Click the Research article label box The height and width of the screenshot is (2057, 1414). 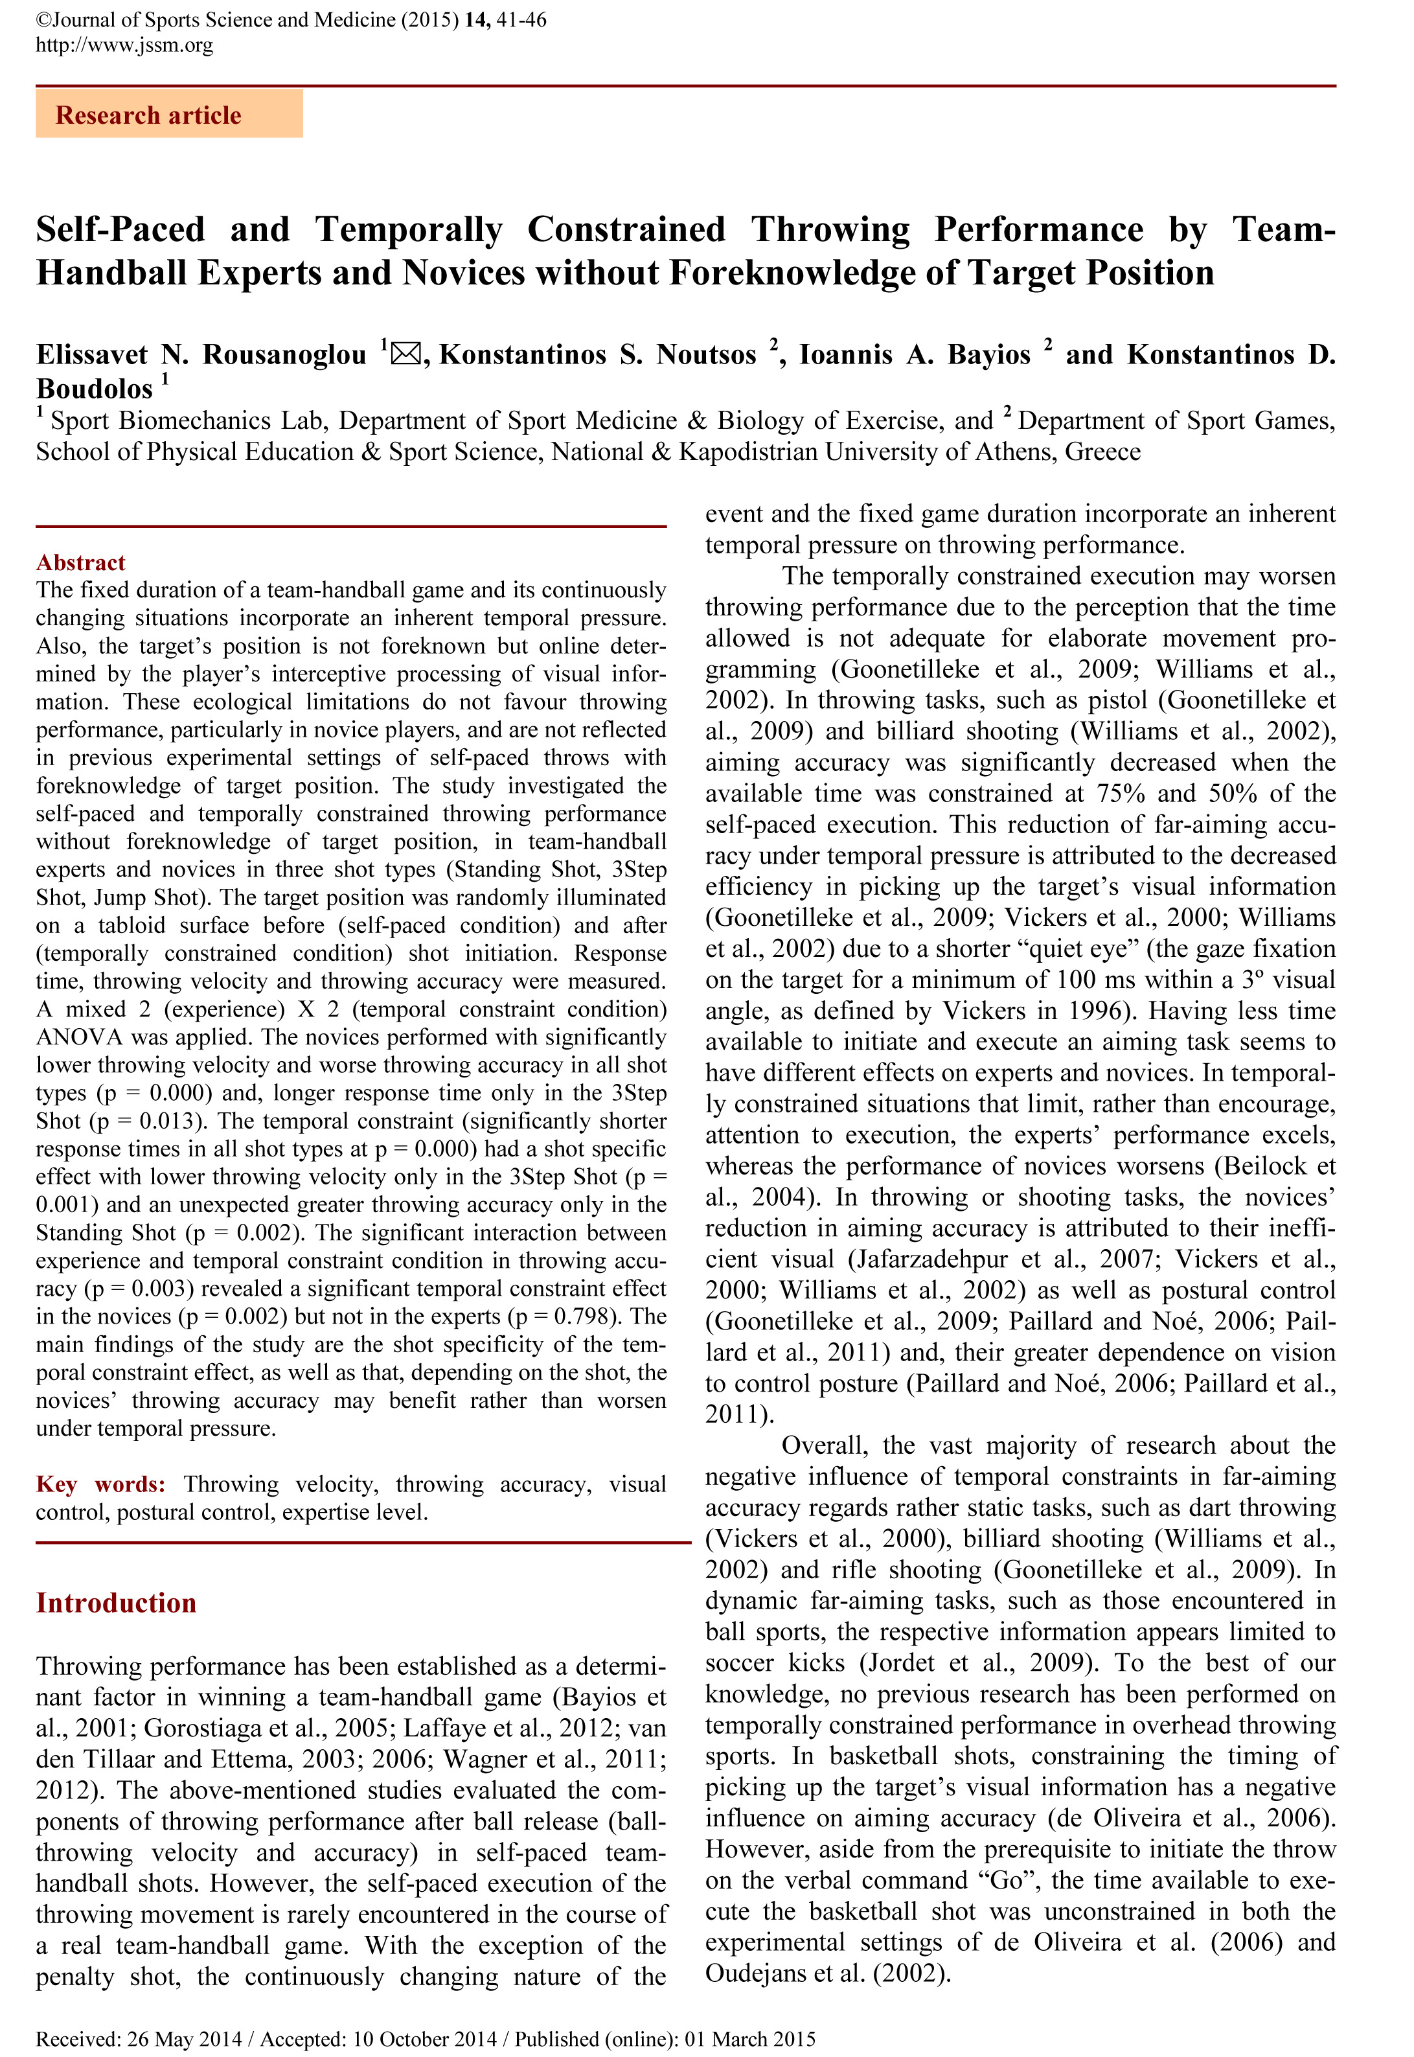coord(168,114)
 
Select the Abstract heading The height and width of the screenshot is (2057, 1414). coord(80,563)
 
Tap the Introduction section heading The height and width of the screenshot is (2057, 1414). coord(116,1603)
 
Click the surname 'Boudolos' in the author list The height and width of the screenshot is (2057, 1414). coord(94,389)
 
